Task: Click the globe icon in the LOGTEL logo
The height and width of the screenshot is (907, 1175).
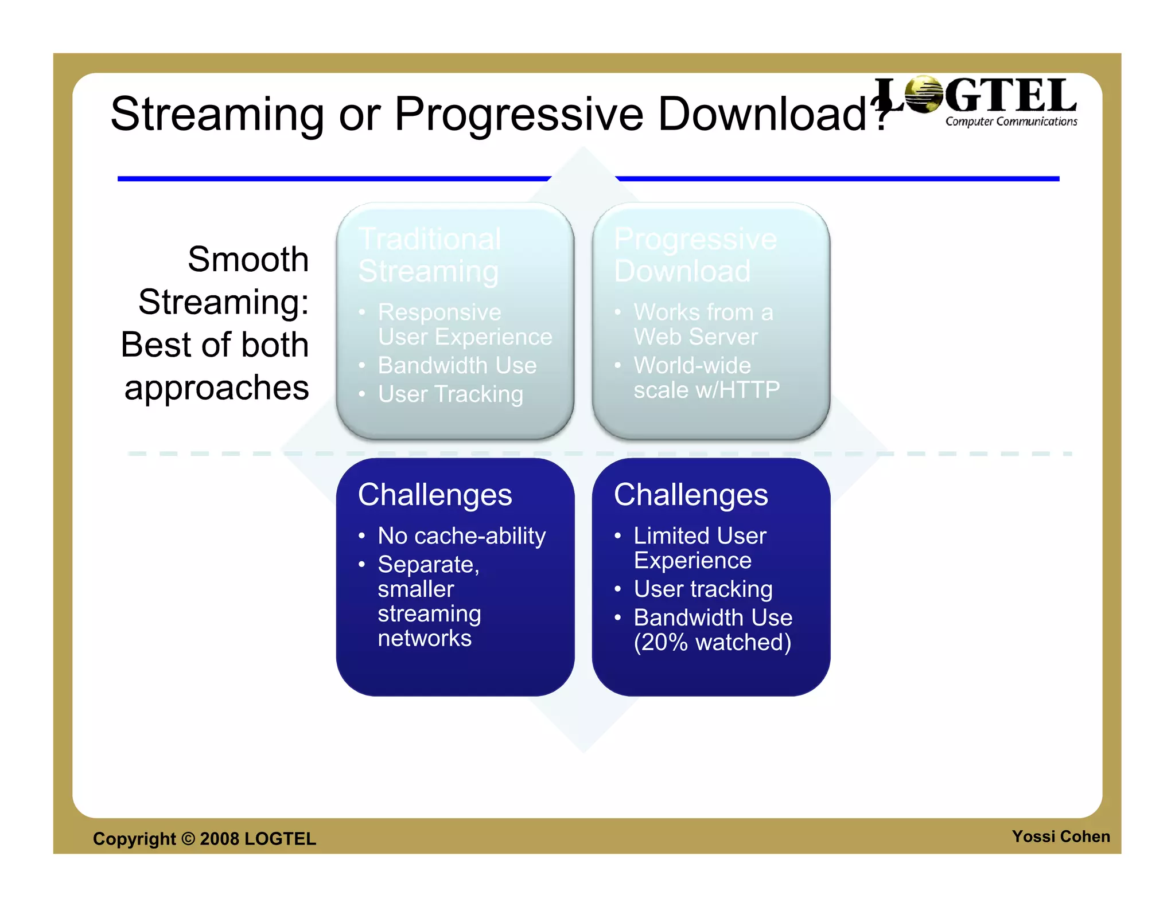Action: click(923, 95)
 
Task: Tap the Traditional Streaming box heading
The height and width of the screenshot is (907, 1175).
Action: click(429, 255)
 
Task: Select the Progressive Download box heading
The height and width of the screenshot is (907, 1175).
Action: click(695, 255)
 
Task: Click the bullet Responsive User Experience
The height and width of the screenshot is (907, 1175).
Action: click(464, 325)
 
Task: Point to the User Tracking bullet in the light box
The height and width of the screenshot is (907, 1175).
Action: click(450, 394)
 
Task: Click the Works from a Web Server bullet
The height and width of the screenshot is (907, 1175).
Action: click(703, 325)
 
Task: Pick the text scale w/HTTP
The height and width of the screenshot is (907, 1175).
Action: click(706, 390)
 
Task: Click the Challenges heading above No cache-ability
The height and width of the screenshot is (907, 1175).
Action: click(434, 495)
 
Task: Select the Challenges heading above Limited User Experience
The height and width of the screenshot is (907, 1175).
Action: click(690, 495)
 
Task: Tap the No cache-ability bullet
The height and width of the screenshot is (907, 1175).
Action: click(461, 536)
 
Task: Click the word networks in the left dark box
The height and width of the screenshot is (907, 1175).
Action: click(425, 639)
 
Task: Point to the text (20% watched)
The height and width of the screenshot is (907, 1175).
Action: click(712, 643)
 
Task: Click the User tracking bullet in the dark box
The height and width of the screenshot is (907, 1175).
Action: click(703, 589)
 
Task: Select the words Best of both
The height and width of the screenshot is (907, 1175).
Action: click(215, 345)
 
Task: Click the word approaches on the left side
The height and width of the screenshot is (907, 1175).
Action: click(216, 388)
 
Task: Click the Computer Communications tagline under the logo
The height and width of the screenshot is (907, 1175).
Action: click(1011, 122)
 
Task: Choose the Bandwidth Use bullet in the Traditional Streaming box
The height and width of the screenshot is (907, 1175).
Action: click(457, 366)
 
